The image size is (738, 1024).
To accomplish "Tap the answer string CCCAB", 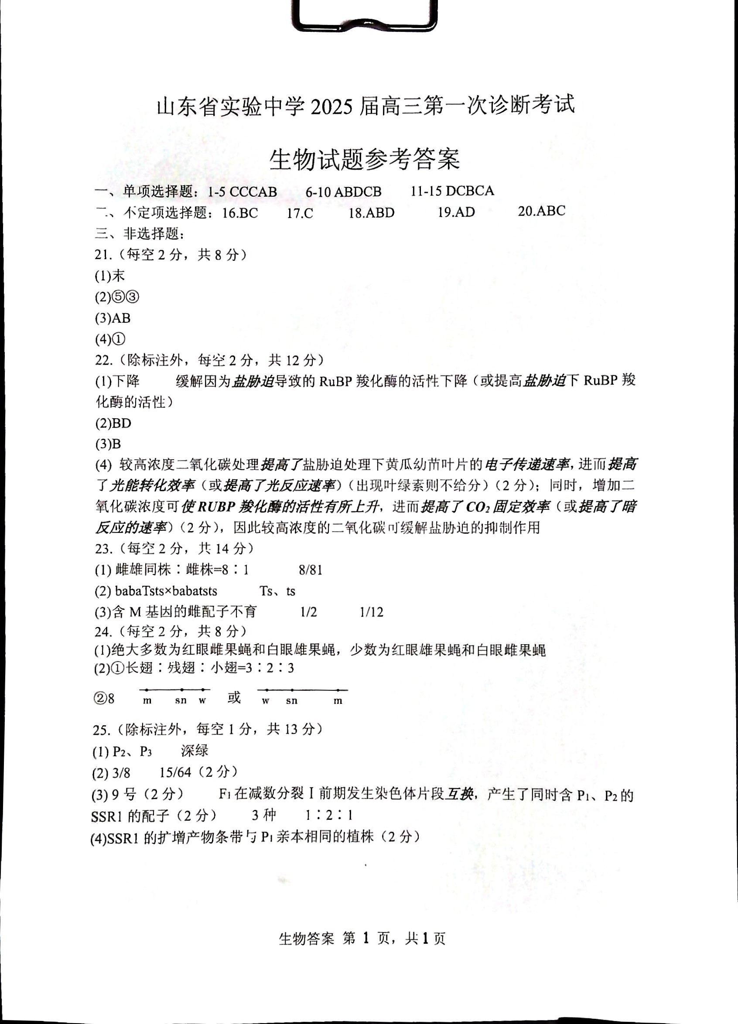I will pos(253,192).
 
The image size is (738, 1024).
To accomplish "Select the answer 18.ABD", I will pos(371,213).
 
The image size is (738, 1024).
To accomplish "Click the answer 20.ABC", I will pos(541,211).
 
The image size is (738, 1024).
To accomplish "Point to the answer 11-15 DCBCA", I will pos(452,191).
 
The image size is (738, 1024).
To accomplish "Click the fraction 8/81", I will pos(310,570).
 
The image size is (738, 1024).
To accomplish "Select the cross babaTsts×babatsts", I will pos(166,591).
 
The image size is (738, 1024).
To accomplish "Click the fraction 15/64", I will pos(175,772).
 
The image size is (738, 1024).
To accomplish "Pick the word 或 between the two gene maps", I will pos(234,697).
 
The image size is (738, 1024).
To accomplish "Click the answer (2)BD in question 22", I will pos(113,423).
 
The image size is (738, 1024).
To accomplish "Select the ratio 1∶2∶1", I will pos(328,815).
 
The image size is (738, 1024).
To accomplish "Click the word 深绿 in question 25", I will pos(195,751).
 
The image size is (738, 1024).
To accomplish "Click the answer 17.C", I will pos(300,213).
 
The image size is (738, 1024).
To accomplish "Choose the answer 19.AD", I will pos(456,212).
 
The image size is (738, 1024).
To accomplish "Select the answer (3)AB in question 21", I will pos(113,318).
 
